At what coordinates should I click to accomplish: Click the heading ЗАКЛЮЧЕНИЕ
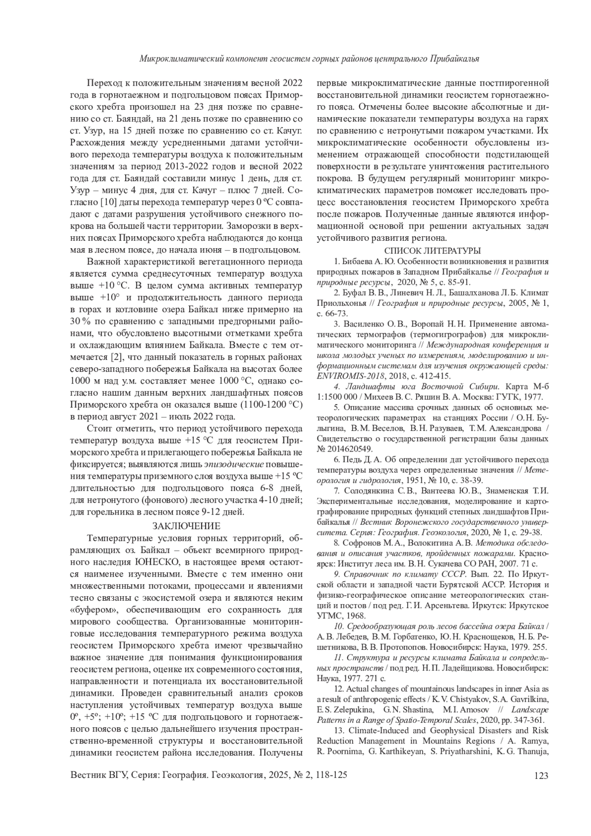coord(186,526)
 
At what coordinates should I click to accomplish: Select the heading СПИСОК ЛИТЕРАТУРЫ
coord(432,251)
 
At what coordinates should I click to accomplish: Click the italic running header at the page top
coord(309,59)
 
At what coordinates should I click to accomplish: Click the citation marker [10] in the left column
coord(108,202)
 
